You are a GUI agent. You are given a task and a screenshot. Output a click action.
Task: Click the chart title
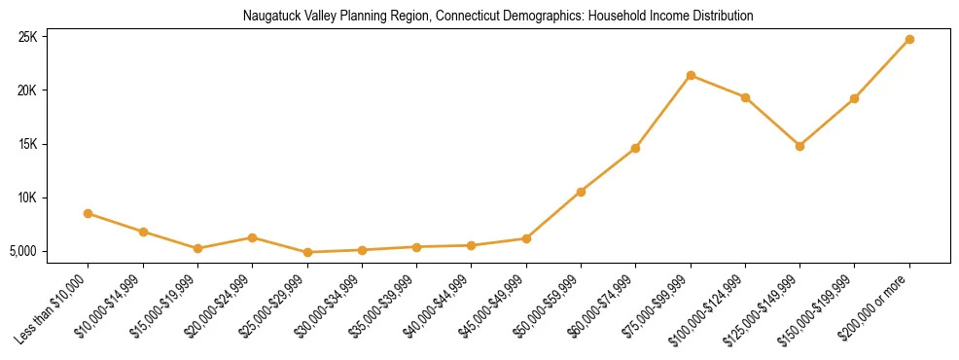(x=497, y=17)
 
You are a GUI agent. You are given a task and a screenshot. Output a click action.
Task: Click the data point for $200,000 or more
(x=909, y=39)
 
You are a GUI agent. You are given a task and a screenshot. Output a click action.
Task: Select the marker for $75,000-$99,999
(x=691, y=75)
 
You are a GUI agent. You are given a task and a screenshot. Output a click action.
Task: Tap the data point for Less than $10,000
(x=89, y=213)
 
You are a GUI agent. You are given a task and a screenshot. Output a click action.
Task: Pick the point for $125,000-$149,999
(x=799, y=146)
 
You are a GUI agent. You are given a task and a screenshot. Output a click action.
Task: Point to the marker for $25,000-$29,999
(x=307, y=252)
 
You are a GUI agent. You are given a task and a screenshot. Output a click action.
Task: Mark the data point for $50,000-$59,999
(x=581, y=192)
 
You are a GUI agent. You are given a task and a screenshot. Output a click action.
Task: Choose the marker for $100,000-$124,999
(x=745, y=97)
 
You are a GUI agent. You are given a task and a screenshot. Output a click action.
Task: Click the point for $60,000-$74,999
(x=635, y=148)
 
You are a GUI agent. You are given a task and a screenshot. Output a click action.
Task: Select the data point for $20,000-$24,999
(x=253, y=237)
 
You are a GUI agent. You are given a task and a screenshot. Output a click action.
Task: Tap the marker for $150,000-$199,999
(x=854, y=98)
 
